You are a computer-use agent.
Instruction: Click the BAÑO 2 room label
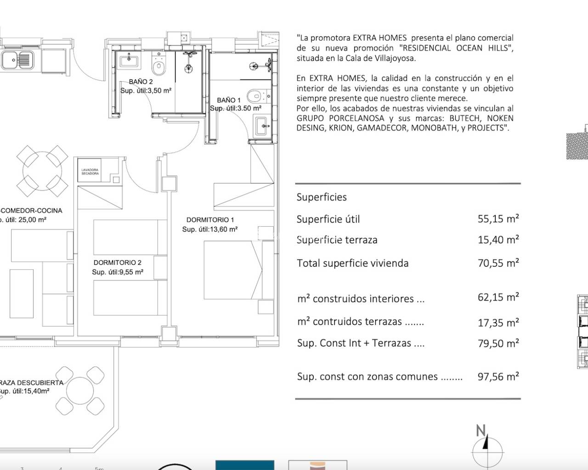click(x=141, y=82)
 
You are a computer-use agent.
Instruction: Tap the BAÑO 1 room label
click(x=228, y=100)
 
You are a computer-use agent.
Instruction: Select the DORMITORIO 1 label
click(x=210, y=220)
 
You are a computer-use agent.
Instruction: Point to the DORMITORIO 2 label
click(x=117, y=263)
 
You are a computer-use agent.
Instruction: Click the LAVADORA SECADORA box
click(x=90, y=172)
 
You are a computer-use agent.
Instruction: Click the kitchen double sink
click(x=17, y=59)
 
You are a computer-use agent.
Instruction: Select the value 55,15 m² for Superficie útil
click(x=498, y=219)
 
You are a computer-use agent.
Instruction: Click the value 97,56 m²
click(x=498, y=377)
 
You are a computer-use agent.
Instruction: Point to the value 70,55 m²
click(x=498, y=263)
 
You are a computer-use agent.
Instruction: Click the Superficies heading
click(x=322, y=197)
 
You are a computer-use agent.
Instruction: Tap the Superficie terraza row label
click(x=337, y=240)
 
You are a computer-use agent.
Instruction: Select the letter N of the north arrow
click(x=481, y=431)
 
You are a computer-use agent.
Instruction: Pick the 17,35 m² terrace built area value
click(x=498, y=323)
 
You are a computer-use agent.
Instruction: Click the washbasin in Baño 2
click(x=129, y=60)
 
